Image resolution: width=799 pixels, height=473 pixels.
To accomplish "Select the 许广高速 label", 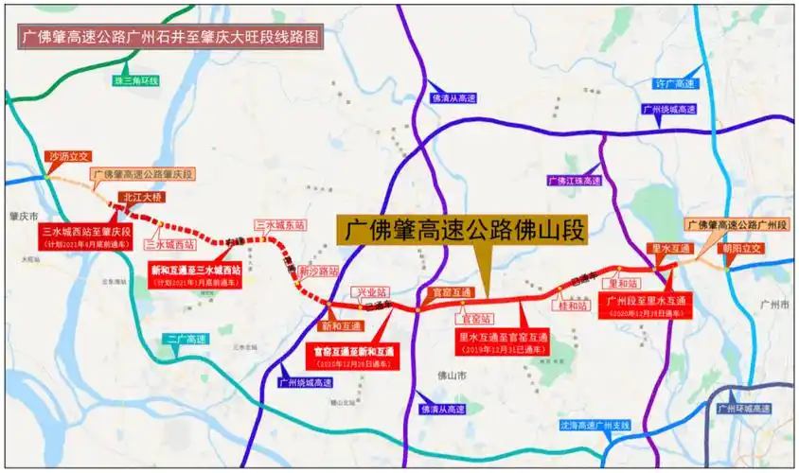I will coord(675,84).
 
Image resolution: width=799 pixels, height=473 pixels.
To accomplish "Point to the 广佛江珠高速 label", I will coord(574,180).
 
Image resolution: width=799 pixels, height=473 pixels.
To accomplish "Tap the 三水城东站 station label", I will coord(281,225).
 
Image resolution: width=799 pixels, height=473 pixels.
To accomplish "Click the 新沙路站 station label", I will coord(319,271).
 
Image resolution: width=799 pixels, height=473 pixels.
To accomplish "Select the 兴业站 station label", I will coord(370,293).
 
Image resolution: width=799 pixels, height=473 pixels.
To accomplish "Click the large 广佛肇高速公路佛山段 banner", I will coord(464,230).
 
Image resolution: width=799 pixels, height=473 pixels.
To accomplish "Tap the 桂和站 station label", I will coord(573,306).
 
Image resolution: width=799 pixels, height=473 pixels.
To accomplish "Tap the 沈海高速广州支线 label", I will coord(595,425).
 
